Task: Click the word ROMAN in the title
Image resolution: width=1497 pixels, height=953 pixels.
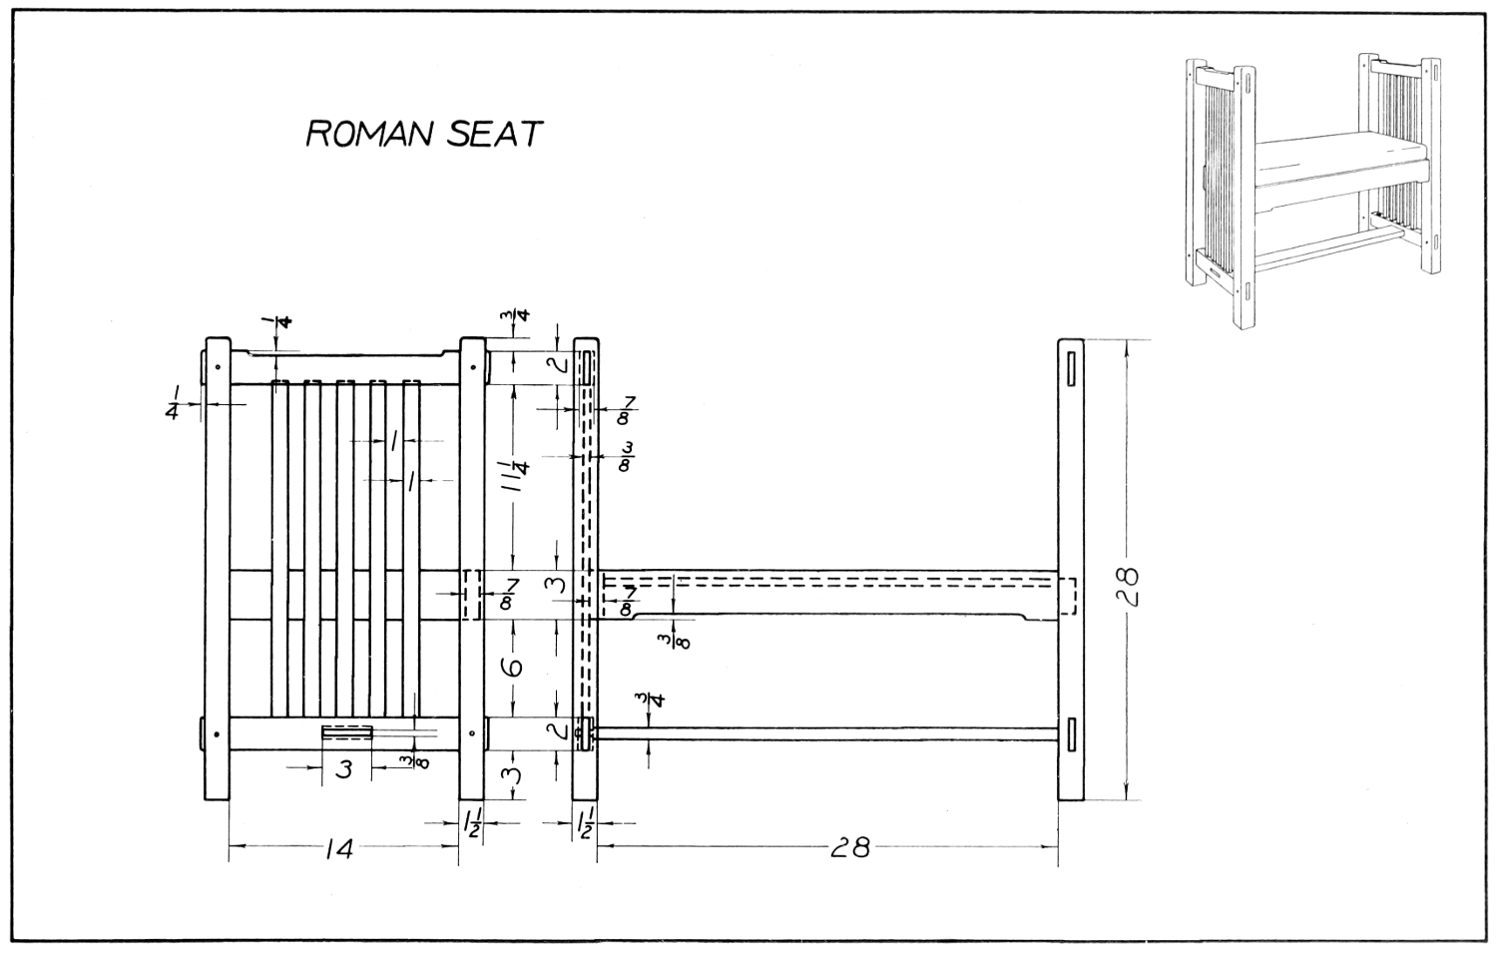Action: tap(369, 134)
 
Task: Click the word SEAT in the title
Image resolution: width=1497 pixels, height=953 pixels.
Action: tap(494, 134)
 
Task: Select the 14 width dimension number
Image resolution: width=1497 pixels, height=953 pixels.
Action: tap(339, 849)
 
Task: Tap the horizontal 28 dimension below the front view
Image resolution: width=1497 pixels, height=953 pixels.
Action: tap(850, 848)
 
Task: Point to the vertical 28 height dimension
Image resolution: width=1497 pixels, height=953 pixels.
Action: tap(1127, 586)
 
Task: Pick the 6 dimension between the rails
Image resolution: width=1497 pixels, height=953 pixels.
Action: tap(513, 668)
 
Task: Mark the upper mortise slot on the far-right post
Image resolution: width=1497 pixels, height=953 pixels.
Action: tap(1071, 369)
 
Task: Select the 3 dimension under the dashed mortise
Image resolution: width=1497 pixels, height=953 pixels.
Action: tap(343, 769)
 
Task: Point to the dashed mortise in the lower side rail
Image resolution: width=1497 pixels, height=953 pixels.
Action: tap(347, 732)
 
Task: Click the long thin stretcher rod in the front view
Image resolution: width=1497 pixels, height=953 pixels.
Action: tap(827, 733)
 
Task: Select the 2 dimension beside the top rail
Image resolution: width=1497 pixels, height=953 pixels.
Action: tap(559, 364)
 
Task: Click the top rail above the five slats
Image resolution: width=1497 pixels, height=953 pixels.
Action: tap(345, 367)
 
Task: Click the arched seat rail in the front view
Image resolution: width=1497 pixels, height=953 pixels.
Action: tap(827, 593)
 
